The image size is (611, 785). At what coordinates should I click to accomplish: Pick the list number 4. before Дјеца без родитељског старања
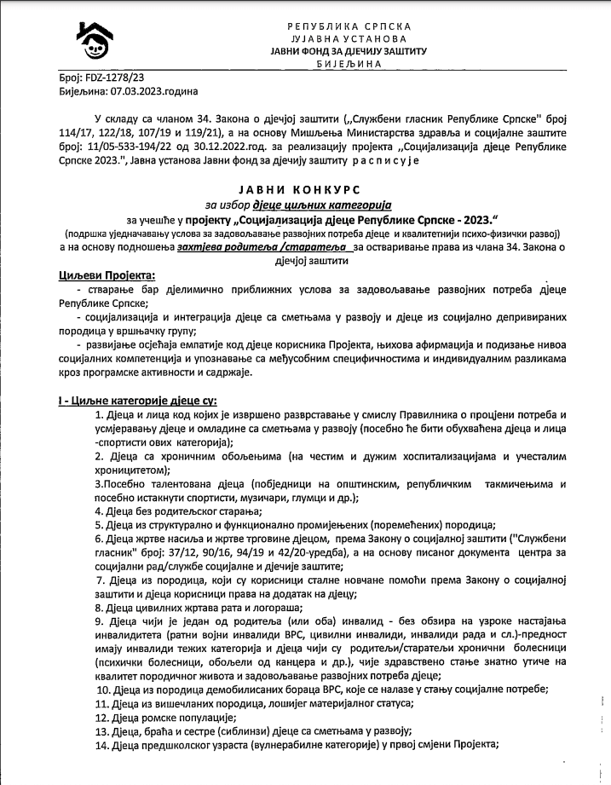[x=100, y=511]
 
